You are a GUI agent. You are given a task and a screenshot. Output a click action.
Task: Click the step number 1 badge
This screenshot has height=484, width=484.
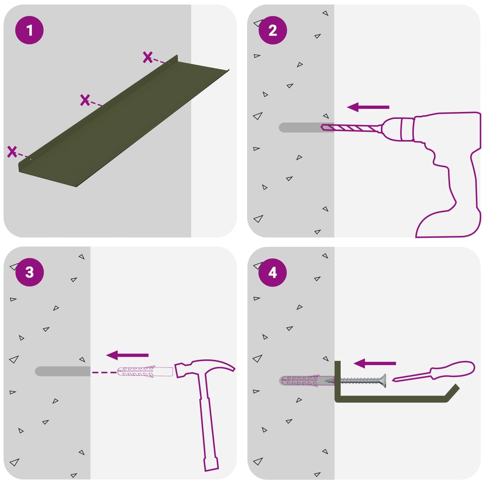(29, 30)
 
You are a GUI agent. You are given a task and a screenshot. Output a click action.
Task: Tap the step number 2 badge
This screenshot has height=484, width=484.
(273, 30)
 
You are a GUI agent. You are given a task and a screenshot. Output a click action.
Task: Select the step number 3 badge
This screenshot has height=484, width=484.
(29, 272)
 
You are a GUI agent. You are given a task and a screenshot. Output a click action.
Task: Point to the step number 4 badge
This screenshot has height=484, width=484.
(273, 272)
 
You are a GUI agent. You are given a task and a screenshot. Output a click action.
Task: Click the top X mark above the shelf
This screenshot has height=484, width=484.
(148, 57)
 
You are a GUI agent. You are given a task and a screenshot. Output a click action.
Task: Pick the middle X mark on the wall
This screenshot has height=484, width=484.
(85, 100)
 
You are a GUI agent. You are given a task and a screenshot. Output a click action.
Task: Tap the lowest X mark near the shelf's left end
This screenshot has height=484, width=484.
(12, 151)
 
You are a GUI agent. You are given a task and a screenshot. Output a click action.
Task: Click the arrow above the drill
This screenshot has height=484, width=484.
(368, 107)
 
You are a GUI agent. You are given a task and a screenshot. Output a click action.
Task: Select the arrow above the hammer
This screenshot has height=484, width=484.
(127, 355)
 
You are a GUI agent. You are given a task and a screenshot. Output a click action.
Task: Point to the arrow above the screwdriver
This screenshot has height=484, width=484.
(375, 363)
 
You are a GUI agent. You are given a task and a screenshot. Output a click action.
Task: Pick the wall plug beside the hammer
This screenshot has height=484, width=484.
(145, 372)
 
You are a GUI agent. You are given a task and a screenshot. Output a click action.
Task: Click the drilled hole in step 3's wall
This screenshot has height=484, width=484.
(63, 371)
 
